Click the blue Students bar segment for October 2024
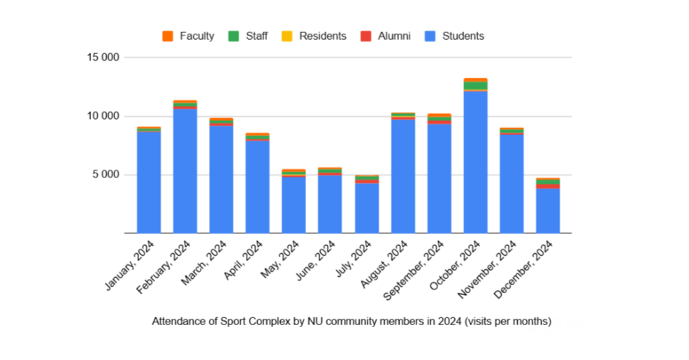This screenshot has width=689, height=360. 475,162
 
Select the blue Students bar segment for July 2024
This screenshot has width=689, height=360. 366,208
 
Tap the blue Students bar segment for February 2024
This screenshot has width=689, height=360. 185,171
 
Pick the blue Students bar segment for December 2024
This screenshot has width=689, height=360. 548,210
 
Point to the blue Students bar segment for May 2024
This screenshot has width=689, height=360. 293,205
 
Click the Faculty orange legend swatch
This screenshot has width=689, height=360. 168,36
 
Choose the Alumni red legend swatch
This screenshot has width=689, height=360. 366,36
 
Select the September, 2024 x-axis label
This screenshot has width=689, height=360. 418,270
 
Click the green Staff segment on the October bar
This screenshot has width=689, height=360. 475,86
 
